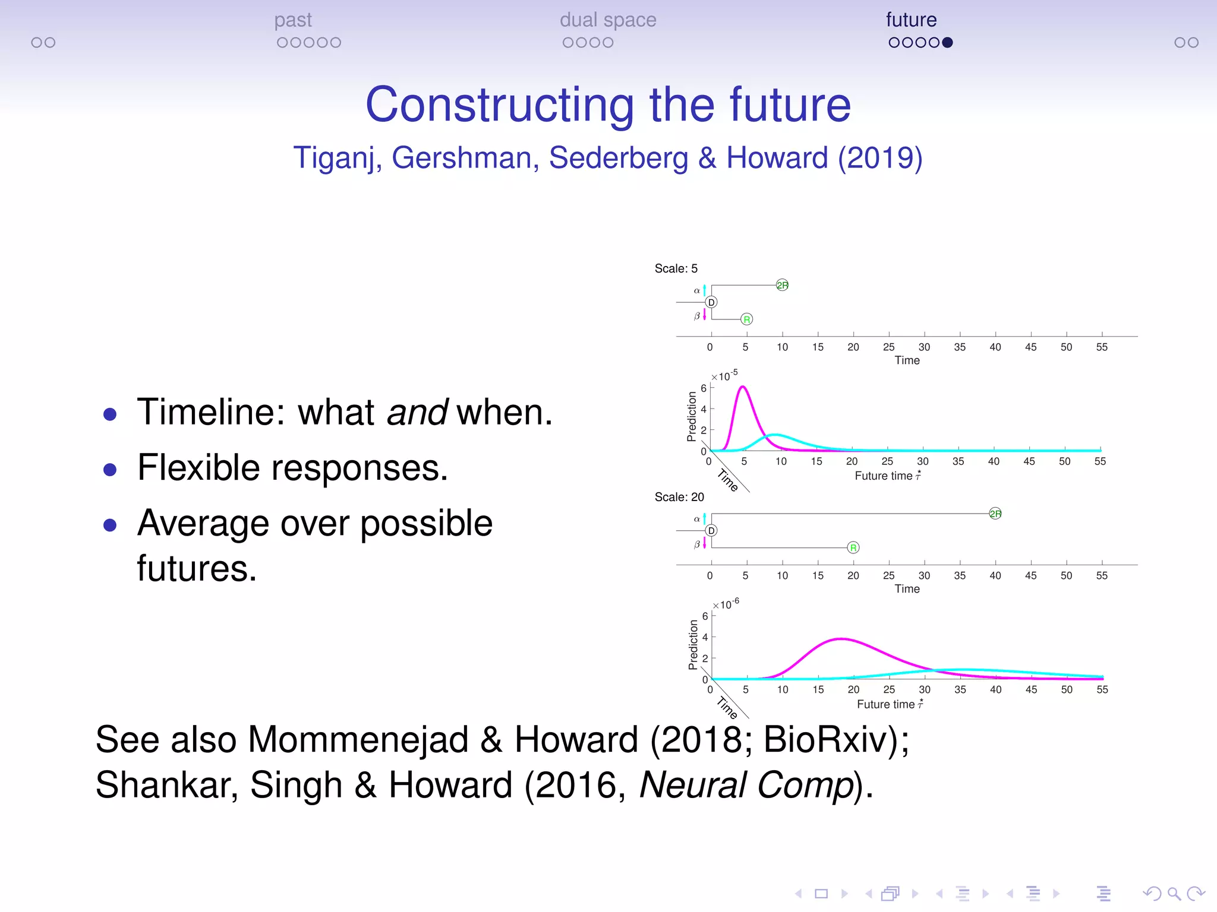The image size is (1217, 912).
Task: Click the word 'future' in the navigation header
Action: [x=911, y=20]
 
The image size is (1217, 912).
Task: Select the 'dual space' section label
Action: [x=607, y=20]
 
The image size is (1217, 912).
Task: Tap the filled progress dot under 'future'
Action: [x=948, y=42]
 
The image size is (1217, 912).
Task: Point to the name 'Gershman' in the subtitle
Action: [x=465, y=158]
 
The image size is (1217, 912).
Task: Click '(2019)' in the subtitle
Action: [x=880, y=158]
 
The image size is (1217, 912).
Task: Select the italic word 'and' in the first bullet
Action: [x=417, y=412]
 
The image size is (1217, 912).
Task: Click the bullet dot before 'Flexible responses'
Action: [x=110, y=470]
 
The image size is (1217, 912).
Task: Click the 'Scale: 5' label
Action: [x=676, y=268]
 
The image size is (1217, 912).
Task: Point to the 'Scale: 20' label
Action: [x=679, y=497]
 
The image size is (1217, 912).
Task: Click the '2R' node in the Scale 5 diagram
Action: [x=782, y=285]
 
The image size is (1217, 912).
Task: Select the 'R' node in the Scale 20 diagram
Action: [x=853, y=547]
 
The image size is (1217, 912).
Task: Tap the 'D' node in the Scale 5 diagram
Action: [x=711, y=302]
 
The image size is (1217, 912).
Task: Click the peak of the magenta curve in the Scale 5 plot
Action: [x=743, y=387]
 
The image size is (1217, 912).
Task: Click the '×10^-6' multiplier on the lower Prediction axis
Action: [x=726, y=604]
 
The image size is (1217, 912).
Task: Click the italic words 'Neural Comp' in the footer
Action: [x=746, y=785]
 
